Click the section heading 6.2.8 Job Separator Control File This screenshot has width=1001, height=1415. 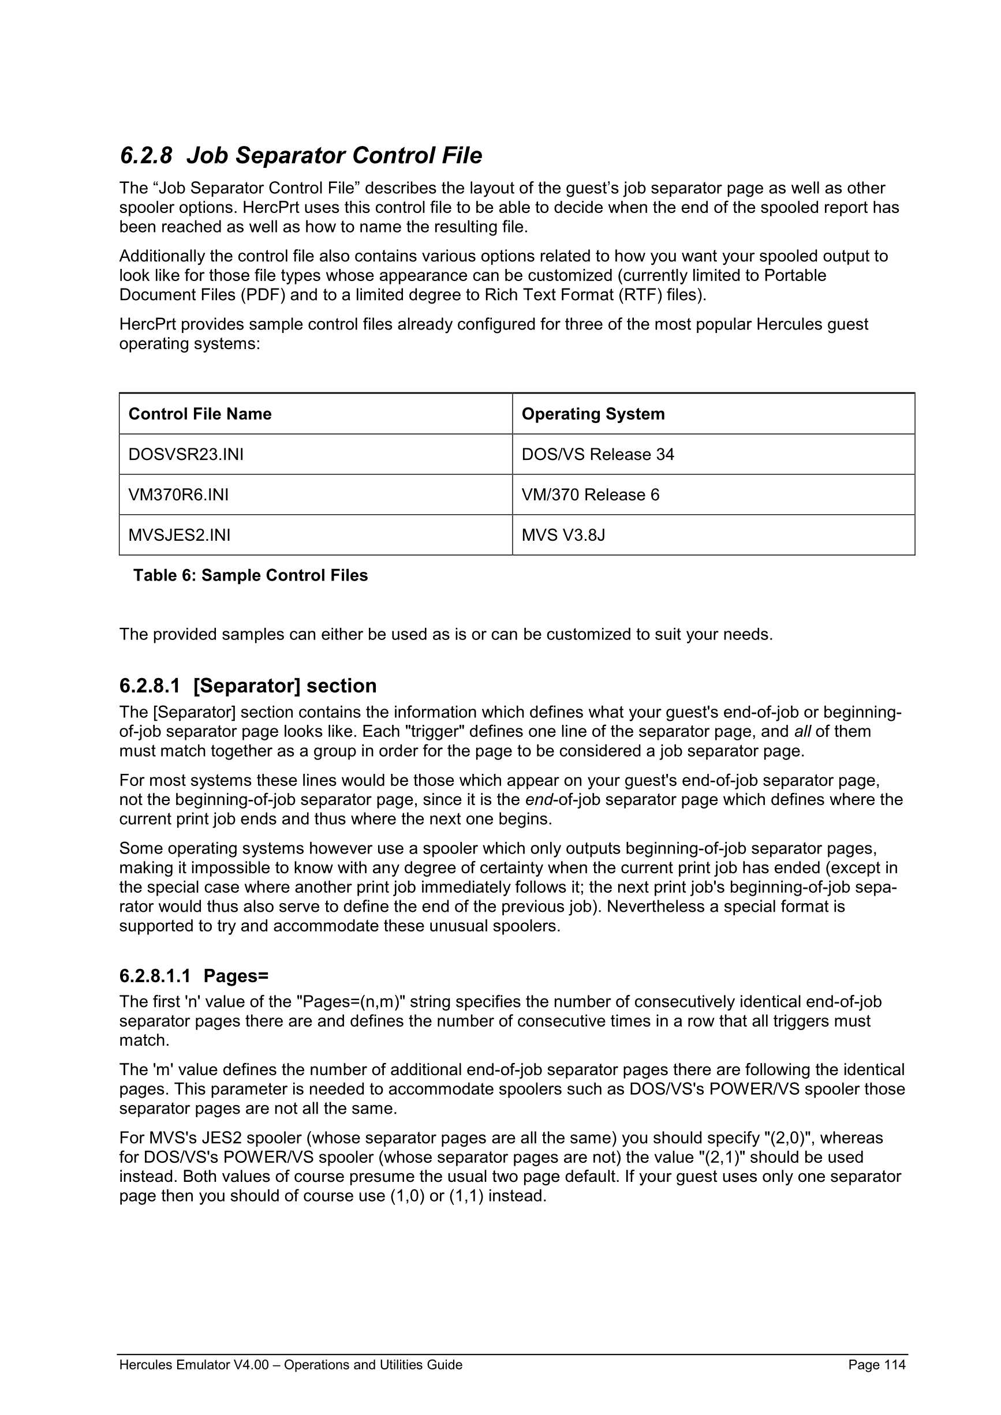[x=301, y=155]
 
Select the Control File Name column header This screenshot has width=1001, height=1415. [x=200, y=414]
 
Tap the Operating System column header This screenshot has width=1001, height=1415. [x=593, y=414]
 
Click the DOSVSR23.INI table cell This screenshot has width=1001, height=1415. [x=186, y=454]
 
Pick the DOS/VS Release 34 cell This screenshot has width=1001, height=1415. [x=597, y=454]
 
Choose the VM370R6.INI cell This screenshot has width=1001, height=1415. [x=178, y=495]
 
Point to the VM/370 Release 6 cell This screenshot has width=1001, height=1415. [x=590, y=495]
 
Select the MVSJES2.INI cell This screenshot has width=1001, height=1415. [x=180, y=535]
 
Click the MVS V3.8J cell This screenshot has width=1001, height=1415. [x=563, y=535]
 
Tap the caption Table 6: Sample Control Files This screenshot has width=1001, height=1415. [x=251, y=575]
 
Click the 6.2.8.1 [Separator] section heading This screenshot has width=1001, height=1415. [x=248, y=686]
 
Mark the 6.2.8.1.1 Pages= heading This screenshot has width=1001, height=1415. [x=194, y=976]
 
